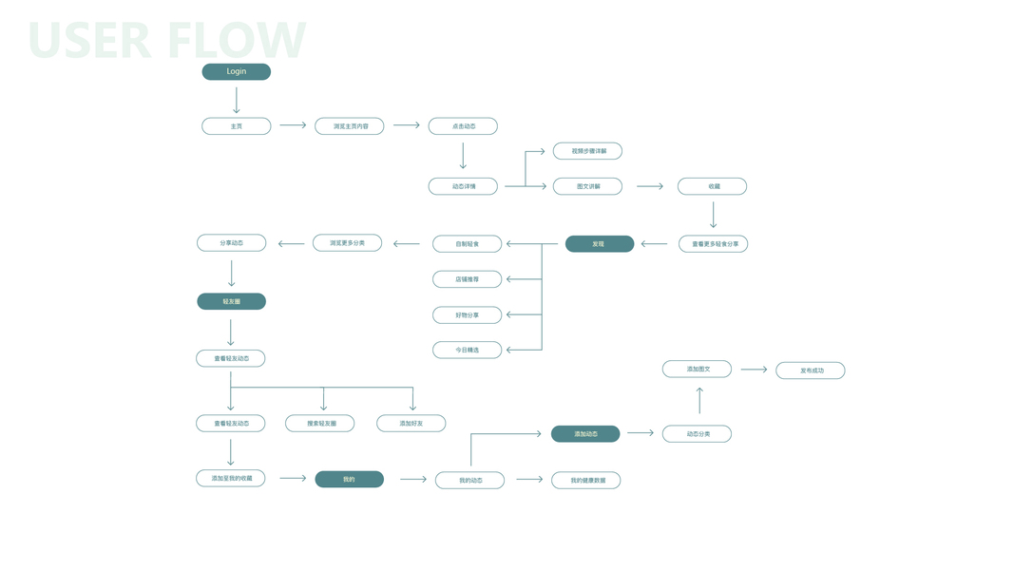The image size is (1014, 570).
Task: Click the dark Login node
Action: pyautogui.click(x=236, y=71)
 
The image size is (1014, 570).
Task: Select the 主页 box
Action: pyautogui.click(x=236, y=125)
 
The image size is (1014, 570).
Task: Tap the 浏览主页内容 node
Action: pyautogui.click(x=350, y=125)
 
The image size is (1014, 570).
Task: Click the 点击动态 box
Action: pyautogui.click(x=463, y=125)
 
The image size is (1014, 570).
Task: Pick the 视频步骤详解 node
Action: pyautogui.click(x=587, y=151)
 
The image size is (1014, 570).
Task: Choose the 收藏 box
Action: pyautogui.click(x=712, y=186)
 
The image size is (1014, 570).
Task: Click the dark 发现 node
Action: pyautogui.click(x=599, y=244)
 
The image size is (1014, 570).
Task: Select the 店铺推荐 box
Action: pyautogui.click(x=467, y=279)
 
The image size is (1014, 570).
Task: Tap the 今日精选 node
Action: pyautogui.click(x=467, y=350)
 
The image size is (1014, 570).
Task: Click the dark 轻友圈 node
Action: pyautogui.click(x=231, y=301)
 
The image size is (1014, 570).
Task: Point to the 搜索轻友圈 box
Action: pyautogui.click(x=319, y=423)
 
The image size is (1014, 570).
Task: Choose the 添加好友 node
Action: pyautogui.click(x=411, y=423)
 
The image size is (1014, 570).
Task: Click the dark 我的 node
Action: pyautogui.click(x=349, y=479)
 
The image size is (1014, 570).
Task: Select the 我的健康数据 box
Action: pyautogui.click(x=585, y=481)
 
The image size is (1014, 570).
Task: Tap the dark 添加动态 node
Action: pyautogui.click(x=585, y=433)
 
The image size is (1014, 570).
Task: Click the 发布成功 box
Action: pyautogui.click(x=810, y=370)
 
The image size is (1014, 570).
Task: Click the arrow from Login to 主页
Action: pyautogui.click(x=237, y=100)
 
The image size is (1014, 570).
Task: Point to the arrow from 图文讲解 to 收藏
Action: pyautogui.click(x=650, y=186)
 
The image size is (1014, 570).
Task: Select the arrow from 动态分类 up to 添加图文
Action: pyautogui.click(x=699, y=400)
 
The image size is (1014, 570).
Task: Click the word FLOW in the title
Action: pyautogui.click(x=237, y=40)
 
